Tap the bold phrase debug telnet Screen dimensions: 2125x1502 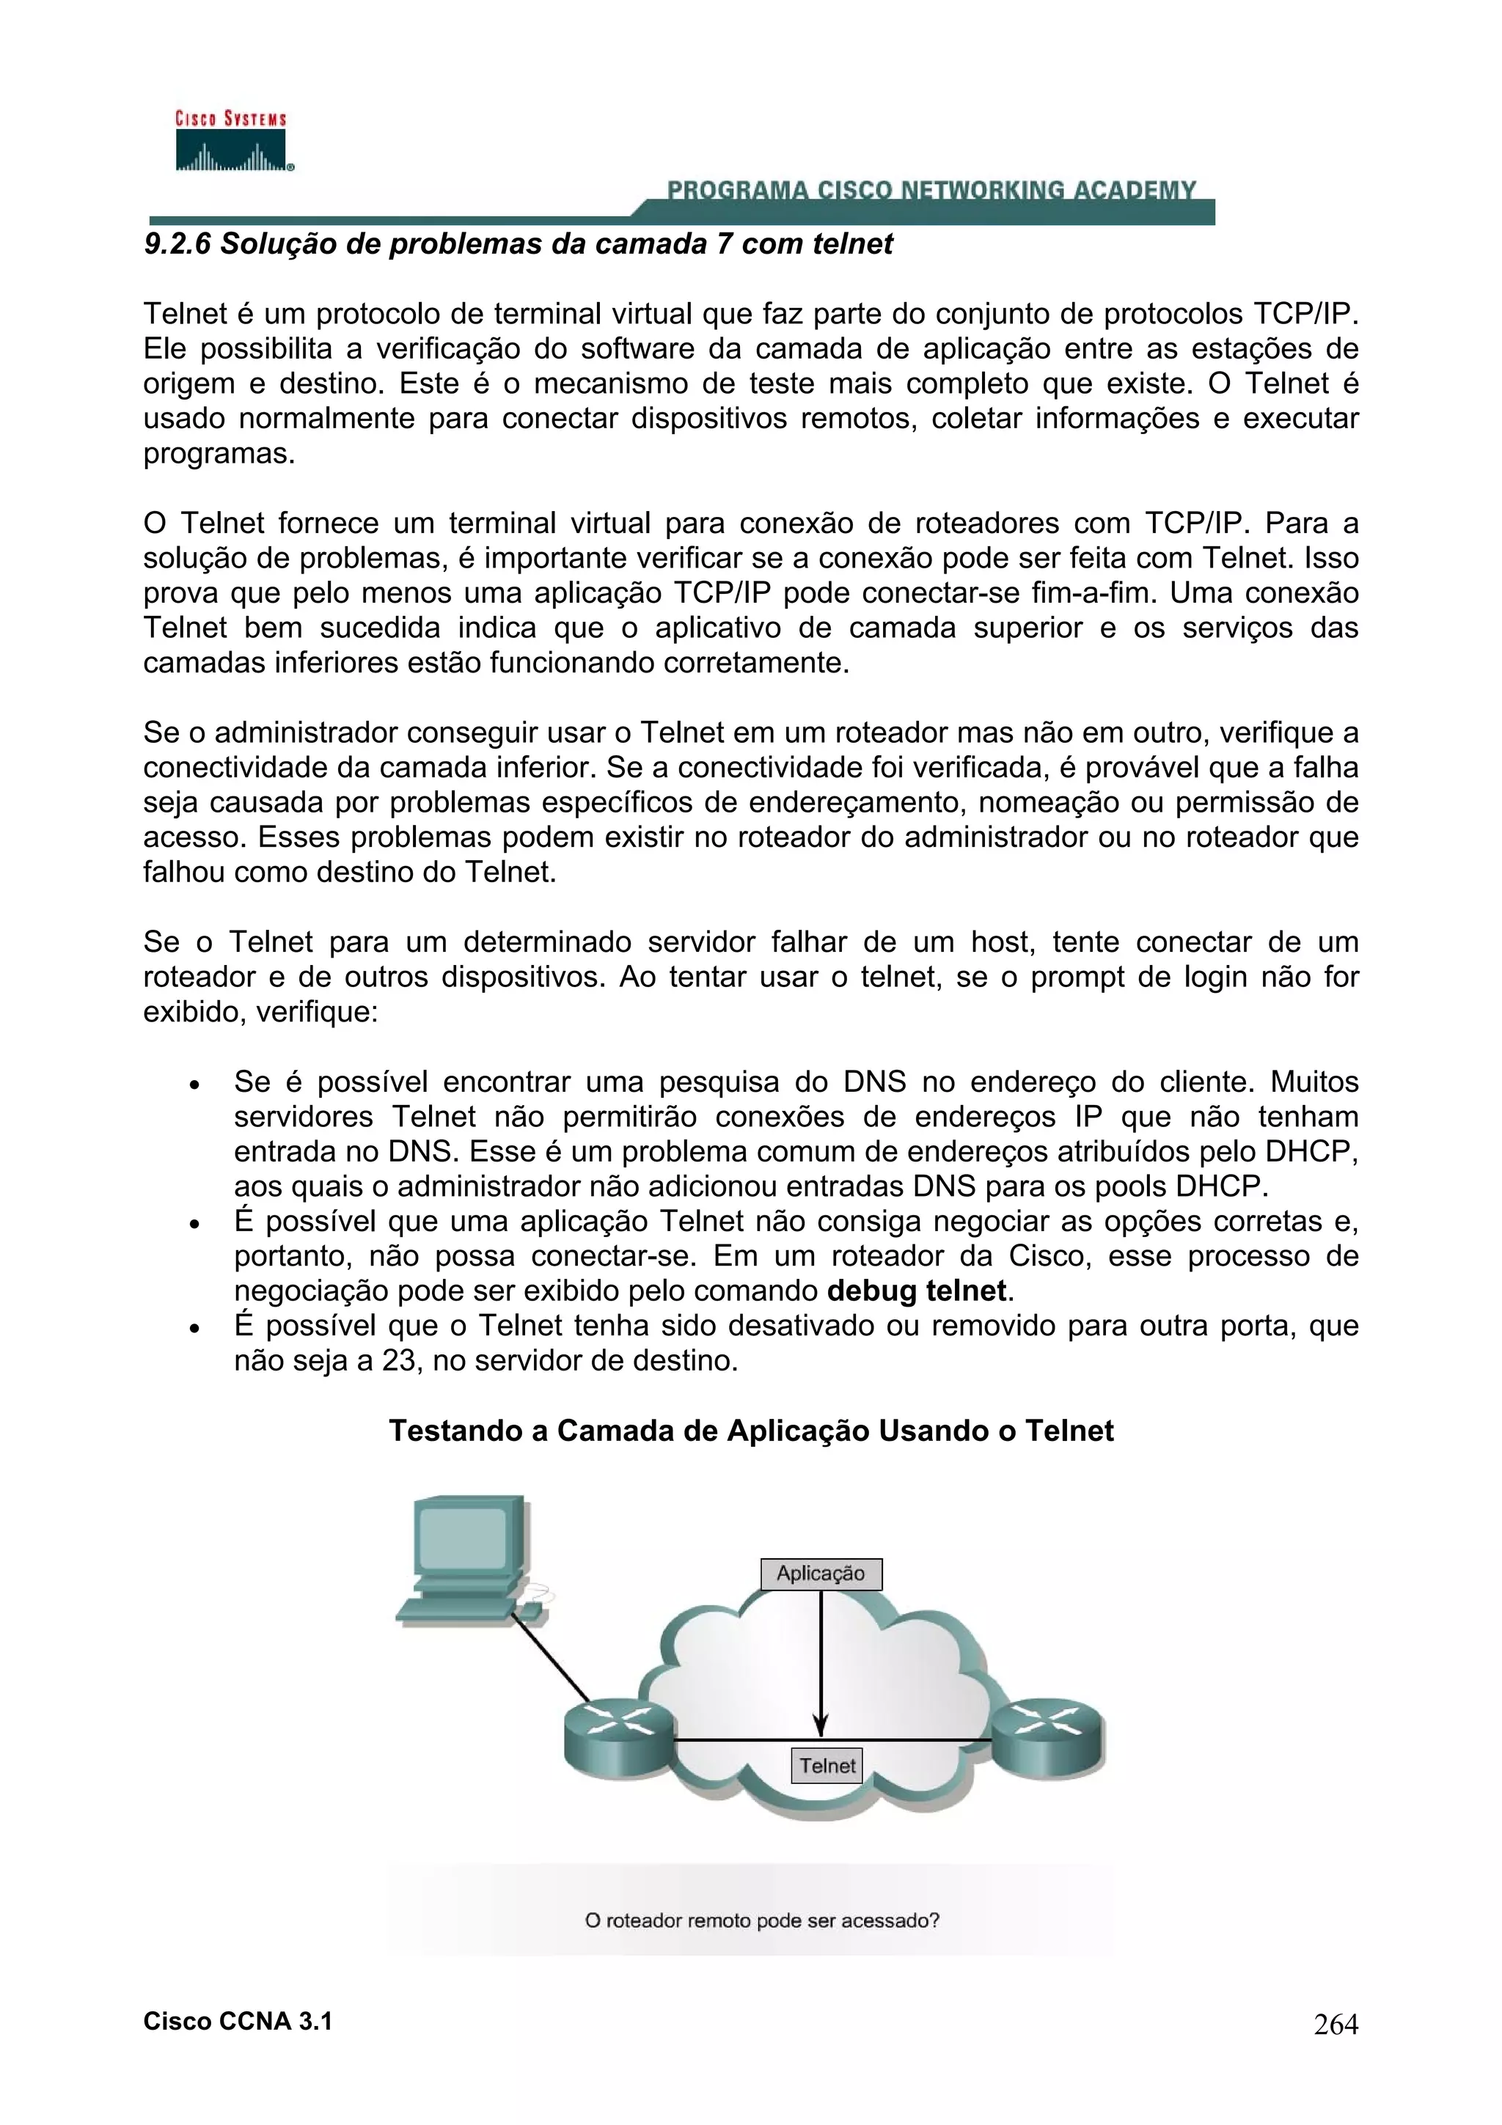pyautogui.click(x=915, y=1291)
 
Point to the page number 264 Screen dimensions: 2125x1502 pyautogui.click(x=1336, y=2025)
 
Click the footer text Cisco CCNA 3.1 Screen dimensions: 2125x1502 pyautogui.click(x=238, y=2022)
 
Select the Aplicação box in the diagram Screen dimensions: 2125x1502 pyautogui.click(x=821, y=1574)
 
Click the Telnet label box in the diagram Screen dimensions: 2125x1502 pyautogui.click(x=827, y=1766)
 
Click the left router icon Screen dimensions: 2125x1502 pyautogui.click(x=619, y=1741)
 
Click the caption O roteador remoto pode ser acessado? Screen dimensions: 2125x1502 pyautogui.click(x=762, y=1920)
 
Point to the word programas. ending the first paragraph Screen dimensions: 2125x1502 pyautogui.click(x=219, y=455)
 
